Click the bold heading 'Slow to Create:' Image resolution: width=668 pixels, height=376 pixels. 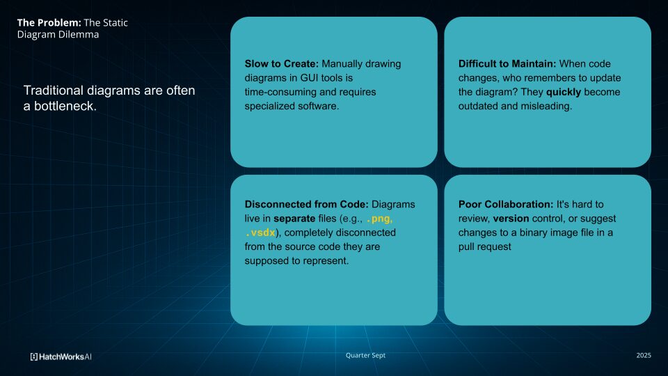[282, 64]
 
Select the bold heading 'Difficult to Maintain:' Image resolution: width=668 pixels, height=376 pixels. [507, 64]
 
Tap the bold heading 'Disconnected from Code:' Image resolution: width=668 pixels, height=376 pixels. [306, 205]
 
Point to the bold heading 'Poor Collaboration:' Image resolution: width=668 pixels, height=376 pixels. [506, 205]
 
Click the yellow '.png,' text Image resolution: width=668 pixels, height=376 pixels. [379, 219]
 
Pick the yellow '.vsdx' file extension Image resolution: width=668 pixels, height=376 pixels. [261, 233]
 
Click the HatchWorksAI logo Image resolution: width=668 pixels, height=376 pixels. [61, 357]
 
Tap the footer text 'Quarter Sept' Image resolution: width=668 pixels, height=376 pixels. [365, 355]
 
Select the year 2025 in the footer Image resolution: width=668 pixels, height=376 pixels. [644, 355]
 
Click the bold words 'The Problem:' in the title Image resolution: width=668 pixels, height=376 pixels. [49, 22]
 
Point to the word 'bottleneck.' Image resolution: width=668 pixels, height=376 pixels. [65, 106]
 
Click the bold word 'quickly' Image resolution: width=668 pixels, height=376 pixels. [563, 92]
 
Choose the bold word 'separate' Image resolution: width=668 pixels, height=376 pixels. [294, 219]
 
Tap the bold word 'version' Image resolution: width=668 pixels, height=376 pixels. [511, 219]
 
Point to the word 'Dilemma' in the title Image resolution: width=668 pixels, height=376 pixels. [79, 35]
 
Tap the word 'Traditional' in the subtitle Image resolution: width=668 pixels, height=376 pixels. [54, 91]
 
